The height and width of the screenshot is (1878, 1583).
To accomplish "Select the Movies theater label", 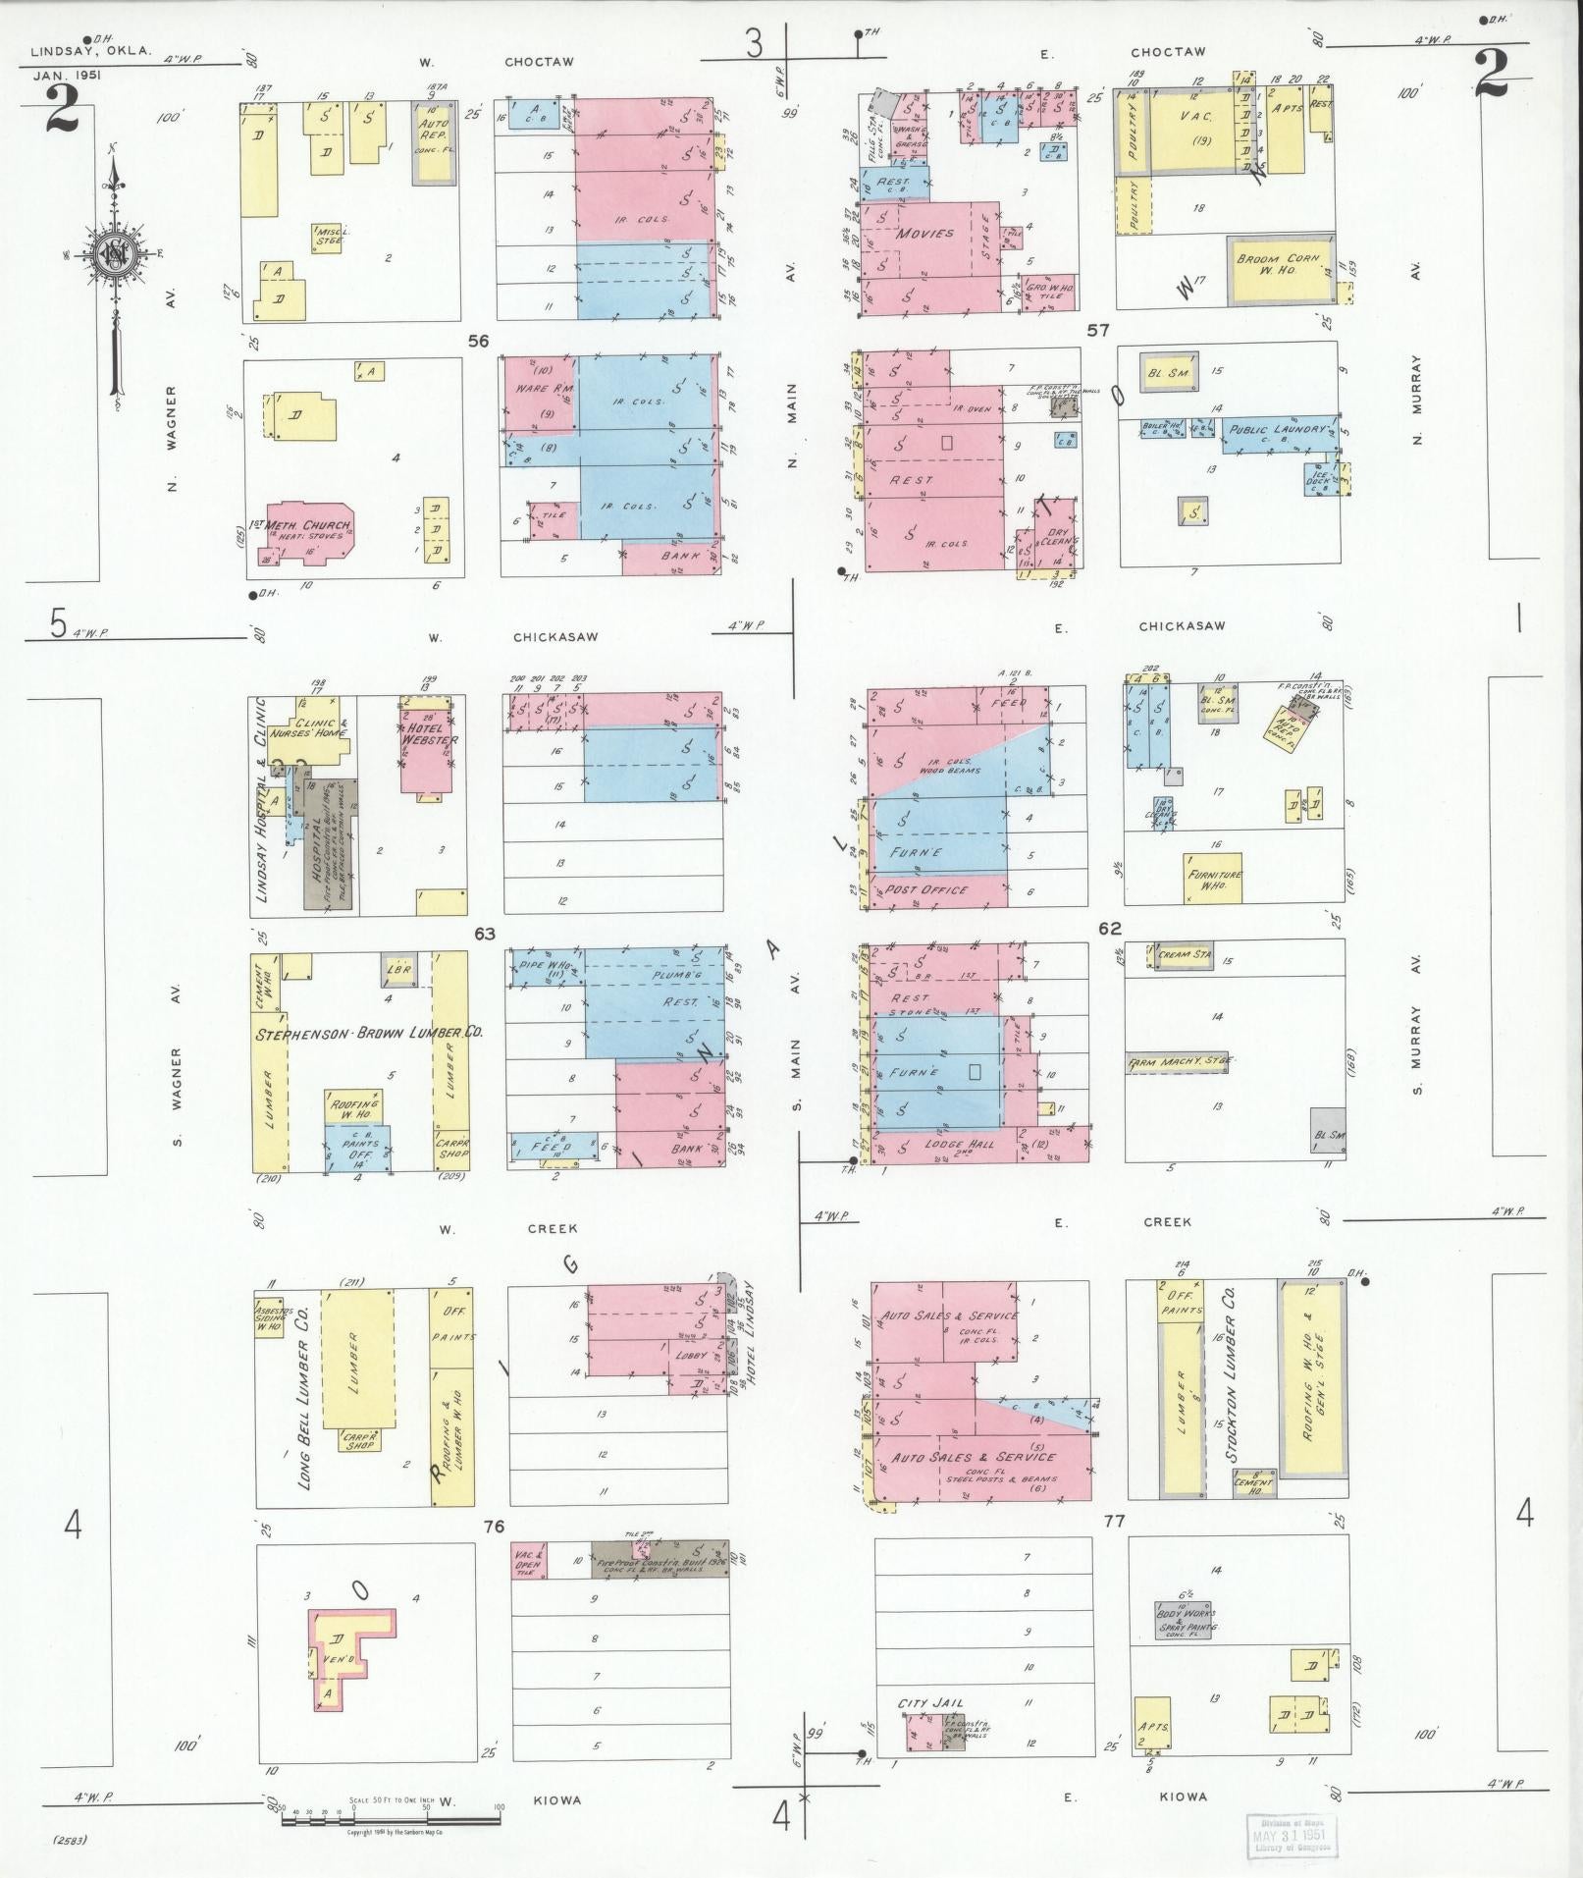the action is (x=924, y=234).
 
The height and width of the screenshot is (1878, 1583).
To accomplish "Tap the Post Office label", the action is (x=925, y=890).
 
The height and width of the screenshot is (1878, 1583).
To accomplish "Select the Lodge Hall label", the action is (x=958, y=1144).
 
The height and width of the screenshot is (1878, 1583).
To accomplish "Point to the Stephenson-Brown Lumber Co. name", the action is (x=369, y=1034).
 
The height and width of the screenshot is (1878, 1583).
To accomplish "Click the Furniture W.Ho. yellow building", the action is (x=1214, y=879).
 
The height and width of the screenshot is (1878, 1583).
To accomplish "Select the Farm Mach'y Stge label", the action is (x=1178, y=1062).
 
